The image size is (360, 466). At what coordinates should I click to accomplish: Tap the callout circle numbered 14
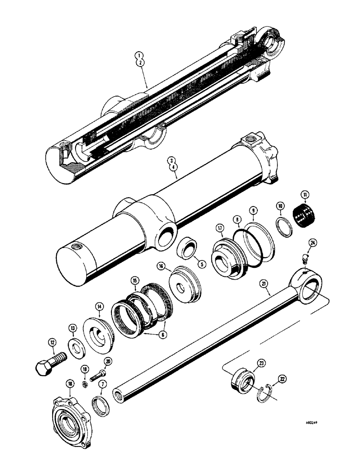(99, 307)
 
